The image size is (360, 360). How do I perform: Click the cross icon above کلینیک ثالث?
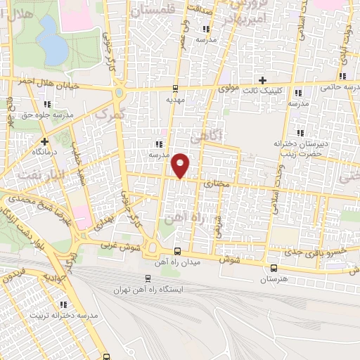263,81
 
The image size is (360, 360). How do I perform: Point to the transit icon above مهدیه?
175,89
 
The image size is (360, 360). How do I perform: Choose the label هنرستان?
274,279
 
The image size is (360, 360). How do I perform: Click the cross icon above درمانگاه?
44,141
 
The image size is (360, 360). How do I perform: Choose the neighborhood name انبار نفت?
34,168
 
